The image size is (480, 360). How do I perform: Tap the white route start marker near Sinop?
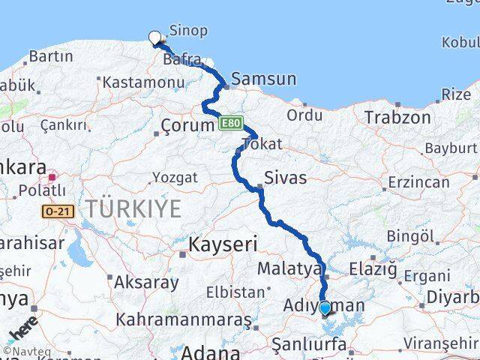pyautogui.click(x=155, y=37)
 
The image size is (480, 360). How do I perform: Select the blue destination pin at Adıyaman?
pyautogui.click(x=325, y=307)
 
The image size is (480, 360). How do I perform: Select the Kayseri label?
pyautogui.click(x=223, y=244)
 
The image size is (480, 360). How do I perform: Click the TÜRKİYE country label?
pyautogui.click(x=133, y=208)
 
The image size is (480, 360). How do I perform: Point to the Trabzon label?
pyautogui.click(x=397, y=117)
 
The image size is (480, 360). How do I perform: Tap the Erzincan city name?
pyautogui.click(x=418, y=181)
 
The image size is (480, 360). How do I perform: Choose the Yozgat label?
pyautogui.click(x=175, y=178)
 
